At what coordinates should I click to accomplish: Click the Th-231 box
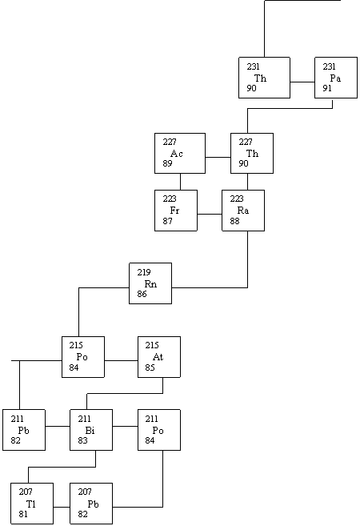264,78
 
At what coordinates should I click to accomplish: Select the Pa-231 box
336,78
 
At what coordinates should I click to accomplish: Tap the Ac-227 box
180,153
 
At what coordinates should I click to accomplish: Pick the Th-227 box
252,153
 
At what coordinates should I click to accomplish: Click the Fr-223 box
176,211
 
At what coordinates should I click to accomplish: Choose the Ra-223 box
243,211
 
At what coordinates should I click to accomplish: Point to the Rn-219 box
150,283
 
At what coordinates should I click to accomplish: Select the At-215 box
159,357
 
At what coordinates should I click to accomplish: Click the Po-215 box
83,357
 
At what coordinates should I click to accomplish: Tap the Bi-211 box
91,430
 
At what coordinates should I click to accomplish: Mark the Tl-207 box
32,504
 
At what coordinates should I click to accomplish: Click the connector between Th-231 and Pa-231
302,82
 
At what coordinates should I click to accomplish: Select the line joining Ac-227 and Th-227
218,157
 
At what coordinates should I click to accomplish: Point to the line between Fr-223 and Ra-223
210,214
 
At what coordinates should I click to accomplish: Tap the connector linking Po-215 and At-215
121,360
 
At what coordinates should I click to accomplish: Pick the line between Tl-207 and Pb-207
62,507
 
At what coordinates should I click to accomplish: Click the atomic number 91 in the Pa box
327,88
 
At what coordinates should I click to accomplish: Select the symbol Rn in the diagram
150,284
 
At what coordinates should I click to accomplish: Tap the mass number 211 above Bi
85,419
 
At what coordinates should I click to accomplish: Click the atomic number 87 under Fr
167,221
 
